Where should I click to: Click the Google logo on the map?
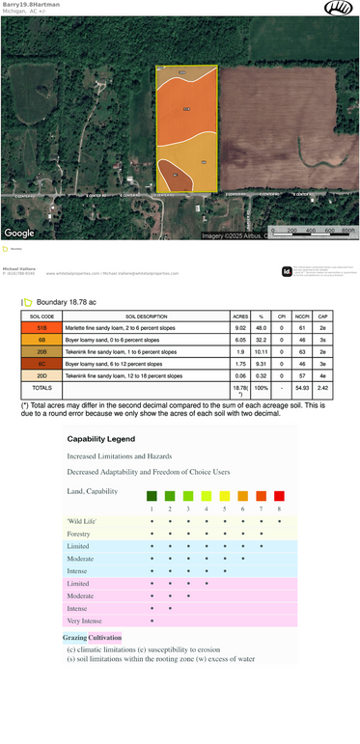pyautogui.click(x=19, y=233)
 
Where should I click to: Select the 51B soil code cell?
pyautogui.click(x=42, y=328)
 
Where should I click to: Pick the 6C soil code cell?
pyautogui.click(x=42, y=363)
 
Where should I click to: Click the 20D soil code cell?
pyautogui.click(x=42, y=374)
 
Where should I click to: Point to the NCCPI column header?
pyautogui.click(x=302, y=316)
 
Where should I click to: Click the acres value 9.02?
pyautogui.click(x=240, y=328)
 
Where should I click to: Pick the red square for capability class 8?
pyautogui.click(x=279, y=496)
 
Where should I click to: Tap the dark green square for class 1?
pyautogui.click(x=152, y=496)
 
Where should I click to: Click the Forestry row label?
pyautogui.click(x=79, y=533)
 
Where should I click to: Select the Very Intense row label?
pyautogui.click(x=84, y=620)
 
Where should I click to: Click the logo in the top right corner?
pyautogui.click(x=338, y=8)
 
